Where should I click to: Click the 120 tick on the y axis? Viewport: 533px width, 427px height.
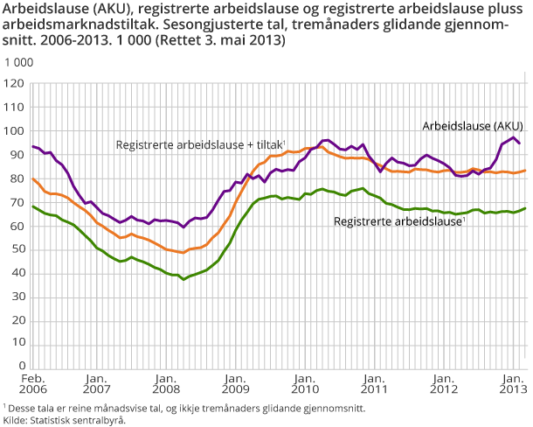point(14,84)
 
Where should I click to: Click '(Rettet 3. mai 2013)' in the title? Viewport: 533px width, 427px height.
point(225,40)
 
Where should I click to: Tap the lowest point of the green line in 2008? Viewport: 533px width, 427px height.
point(183,278)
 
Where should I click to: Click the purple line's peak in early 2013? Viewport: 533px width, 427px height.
point(512,137)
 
